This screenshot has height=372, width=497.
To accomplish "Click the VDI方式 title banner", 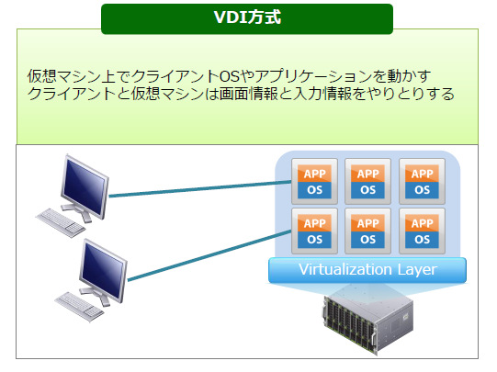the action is [247, 18].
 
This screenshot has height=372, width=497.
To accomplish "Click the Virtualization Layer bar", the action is [367, 270].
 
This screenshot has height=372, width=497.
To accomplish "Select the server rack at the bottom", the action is [368, 324].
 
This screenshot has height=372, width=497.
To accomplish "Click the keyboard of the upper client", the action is [61, 222].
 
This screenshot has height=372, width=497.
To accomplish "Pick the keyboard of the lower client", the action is [79, 307].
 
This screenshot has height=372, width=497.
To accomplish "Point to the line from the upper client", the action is [200, 189].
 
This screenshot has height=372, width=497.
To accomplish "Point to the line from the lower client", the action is [209, 255].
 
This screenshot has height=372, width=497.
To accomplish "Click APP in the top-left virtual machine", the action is [314, 174].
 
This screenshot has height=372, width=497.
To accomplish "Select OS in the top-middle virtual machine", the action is [368, 190].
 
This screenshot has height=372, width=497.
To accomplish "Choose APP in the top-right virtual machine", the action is [423, 174].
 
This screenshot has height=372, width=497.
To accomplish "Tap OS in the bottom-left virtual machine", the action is [314, 240].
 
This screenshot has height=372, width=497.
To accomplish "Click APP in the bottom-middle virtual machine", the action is [368, 223].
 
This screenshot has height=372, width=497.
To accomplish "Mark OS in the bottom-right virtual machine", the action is [423, 240].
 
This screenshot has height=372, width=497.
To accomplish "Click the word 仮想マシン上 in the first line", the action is [72, 76].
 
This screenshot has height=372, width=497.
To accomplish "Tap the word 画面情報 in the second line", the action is [248, 94].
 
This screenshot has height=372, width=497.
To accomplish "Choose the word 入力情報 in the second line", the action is [322, 94].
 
